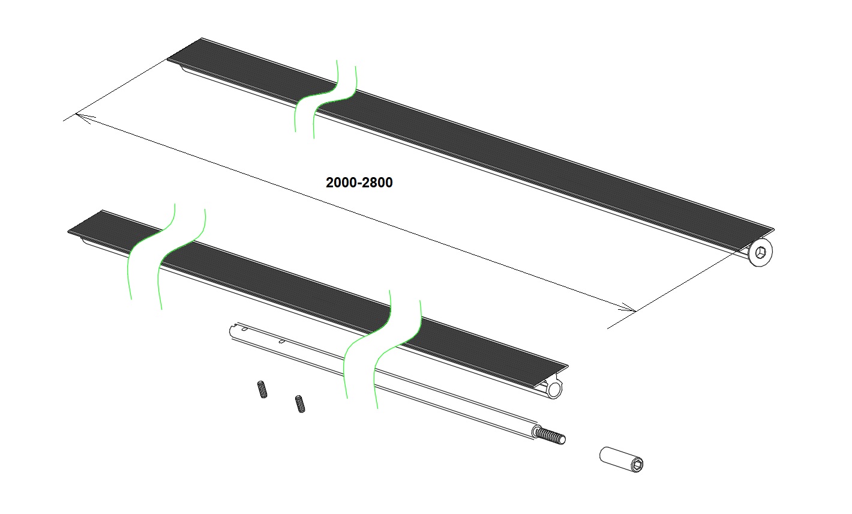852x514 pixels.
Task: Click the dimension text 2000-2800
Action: coord(359,183)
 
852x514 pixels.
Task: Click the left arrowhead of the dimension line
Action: coord(85,118)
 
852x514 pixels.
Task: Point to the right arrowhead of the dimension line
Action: coord(627,307)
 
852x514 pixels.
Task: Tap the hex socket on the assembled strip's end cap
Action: coord(760,252)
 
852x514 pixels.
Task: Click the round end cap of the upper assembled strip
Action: coord(760,252)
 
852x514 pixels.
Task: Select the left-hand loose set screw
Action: coord(262,389)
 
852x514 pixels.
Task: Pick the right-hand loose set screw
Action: coord(300,404)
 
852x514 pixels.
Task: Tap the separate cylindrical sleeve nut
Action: coord(621,459)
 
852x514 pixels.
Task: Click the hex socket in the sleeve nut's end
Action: coord(637,465)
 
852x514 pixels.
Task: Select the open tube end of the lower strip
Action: coord(554,390)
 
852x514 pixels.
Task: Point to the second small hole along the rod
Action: coord(282,342)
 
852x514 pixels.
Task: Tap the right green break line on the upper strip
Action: coord(335,103)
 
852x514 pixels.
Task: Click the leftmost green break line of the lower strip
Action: coord(151,251)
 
